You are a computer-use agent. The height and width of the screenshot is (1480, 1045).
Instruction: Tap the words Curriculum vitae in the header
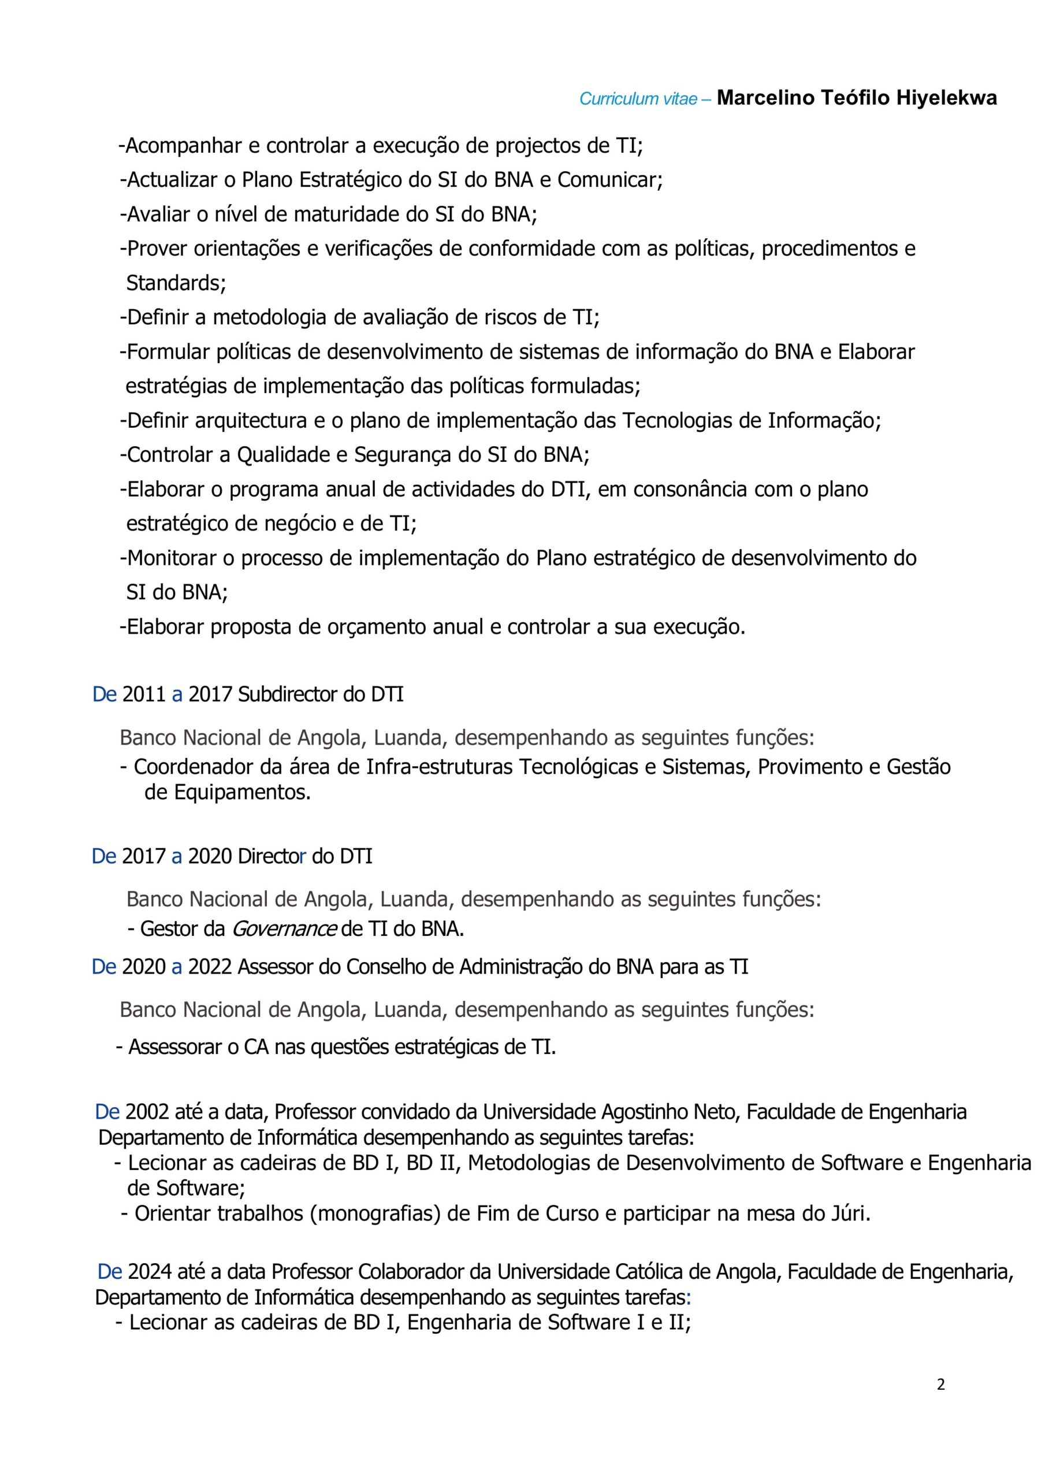pos(638,99)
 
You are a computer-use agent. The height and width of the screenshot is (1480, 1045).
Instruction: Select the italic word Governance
pos(284,929)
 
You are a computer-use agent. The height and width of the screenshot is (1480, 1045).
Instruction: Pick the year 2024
pos(150,1272)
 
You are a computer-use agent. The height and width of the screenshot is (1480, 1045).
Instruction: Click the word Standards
pos(175,283)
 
